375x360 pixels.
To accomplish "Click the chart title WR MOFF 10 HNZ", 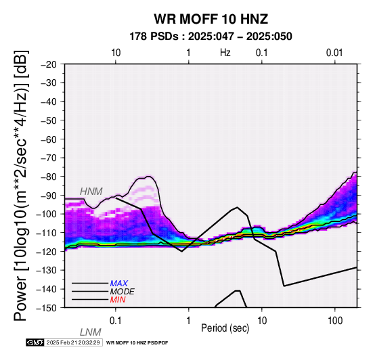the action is click(211, 19).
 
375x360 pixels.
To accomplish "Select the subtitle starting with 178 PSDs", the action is click(211, 37).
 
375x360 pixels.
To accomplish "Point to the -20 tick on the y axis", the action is click(49, 64).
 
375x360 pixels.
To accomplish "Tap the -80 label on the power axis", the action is click(49, 177).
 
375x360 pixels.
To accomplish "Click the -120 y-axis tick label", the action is click(47, 252).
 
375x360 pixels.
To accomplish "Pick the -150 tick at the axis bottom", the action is click(47, 308).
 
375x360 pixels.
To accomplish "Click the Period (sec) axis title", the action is click(225, 328).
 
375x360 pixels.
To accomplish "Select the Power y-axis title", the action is click(21, 185).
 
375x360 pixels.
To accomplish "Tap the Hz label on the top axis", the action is click(225, 53).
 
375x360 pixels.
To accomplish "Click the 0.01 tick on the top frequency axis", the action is click(334, 53).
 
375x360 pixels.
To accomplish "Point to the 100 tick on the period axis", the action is click(335, 321).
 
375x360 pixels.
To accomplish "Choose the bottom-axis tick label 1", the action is click(188, 321).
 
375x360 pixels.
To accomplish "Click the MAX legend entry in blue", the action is click(118, 284).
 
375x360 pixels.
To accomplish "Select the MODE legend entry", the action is click(122, 292).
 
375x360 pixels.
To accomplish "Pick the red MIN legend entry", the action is click(118, 300).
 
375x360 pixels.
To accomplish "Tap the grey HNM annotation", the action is click(91, 192).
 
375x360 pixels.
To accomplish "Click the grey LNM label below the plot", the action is click(90, 332).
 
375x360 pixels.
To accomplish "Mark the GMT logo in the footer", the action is click(35, 342).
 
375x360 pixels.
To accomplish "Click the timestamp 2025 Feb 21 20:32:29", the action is click(73, 342).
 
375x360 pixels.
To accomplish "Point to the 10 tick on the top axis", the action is click(116, 53).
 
